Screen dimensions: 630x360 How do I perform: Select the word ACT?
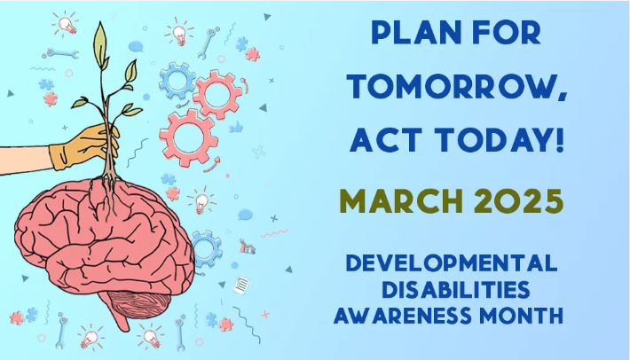point(386,140)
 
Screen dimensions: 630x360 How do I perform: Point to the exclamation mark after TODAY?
point(560,140)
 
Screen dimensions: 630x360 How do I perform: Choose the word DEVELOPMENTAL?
point(452,263)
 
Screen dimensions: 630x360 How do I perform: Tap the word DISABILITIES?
point(455,289)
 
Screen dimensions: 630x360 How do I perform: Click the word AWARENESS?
point(402,315)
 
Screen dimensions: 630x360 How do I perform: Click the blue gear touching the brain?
point(206,249)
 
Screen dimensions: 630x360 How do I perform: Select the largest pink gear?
point(188,137)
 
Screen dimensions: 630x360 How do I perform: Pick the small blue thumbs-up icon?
point(236,127)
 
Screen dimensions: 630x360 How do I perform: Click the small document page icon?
point(241,285)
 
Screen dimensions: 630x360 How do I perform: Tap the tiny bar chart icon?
point(248,247)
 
